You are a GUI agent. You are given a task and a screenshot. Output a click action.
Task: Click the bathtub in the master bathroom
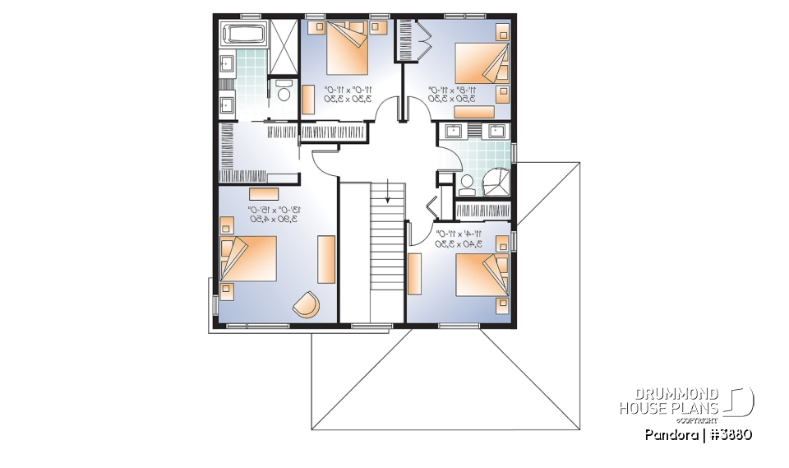(x=242, y=35)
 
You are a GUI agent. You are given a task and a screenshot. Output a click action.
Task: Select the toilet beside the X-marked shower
(x=285, y=90)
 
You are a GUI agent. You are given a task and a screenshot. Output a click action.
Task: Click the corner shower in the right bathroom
(x=496, y=182)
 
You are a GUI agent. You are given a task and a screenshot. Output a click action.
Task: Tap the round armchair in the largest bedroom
(x=307, y=304)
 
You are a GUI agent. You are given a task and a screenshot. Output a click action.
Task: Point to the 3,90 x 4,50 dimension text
(x=271, y=220)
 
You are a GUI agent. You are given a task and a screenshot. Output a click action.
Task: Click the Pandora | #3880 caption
(x=699, y=434)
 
